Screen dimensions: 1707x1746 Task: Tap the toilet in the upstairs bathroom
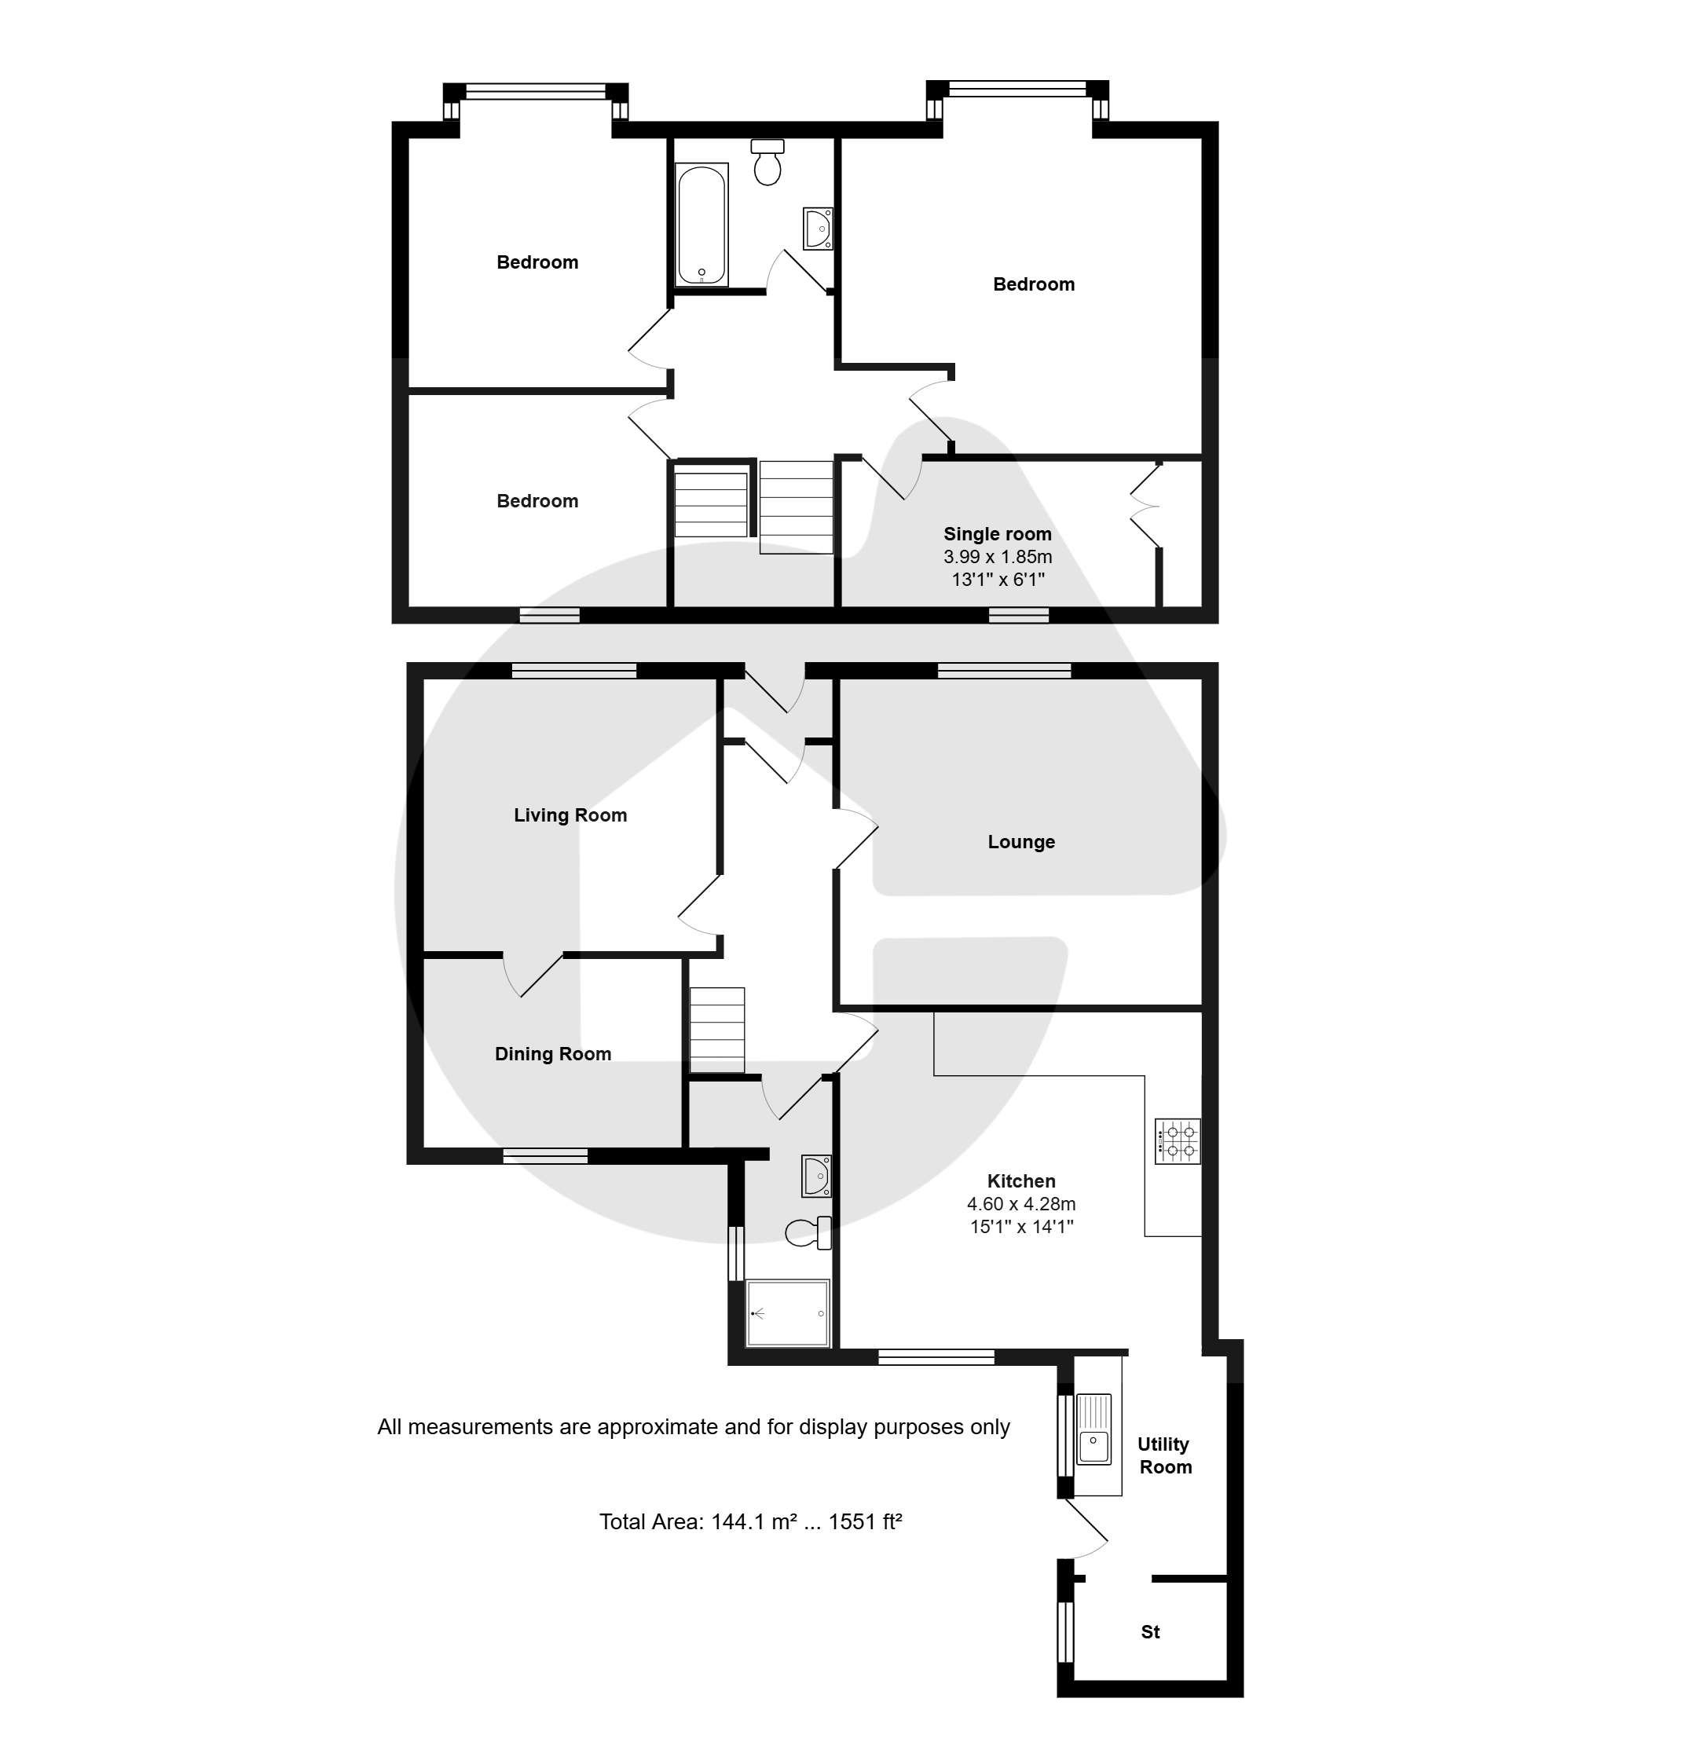click(767, 163)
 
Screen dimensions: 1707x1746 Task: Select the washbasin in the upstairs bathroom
click(818, 229)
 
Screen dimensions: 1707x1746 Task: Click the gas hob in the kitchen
click(1178, 1141)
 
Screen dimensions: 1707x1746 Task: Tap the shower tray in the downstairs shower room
click(788, 1313)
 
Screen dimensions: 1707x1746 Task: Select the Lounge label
click(1021, 842)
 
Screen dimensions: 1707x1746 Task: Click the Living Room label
click(570, 814)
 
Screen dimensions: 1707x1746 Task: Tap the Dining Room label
click(553, 1054)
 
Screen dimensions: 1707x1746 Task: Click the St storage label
click(1150, 1632)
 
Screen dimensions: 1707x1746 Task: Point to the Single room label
click(998, 534)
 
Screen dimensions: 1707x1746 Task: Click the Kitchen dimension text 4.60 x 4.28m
click(1021, 1204)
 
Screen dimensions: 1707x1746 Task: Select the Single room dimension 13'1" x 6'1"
click(998, 580)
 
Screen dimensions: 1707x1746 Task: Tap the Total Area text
click(750, 1521)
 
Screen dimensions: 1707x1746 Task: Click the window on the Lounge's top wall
click(1004, 671)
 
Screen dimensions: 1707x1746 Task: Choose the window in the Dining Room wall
click(545, 1156)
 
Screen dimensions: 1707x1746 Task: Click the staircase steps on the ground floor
click(716, 1030)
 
